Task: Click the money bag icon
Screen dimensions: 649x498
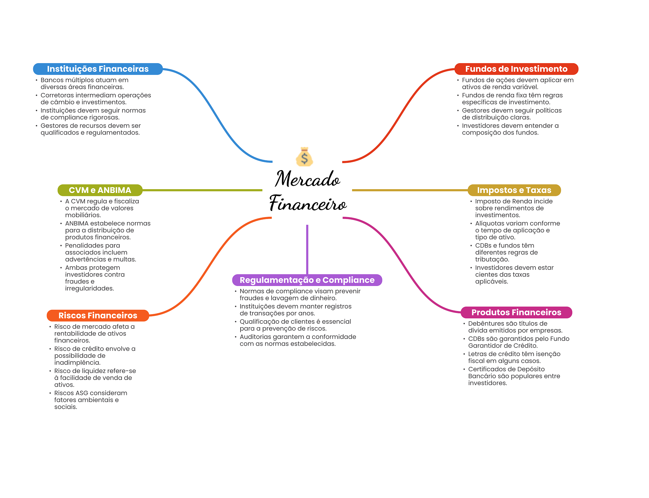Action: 304,157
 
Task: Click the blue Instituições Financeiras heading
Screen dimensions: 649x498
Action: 98,69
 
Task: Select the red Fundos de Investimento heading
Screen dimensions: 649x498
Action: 516,69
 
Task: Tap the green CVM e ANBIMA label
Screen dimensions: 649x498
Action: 100,190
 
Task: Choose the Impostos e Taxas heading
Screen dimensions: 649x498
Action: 514,190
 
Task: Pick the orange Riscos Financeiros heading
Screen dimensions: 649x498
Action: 98,315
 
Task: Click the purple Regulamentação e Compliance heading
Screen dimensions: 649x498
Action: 307,280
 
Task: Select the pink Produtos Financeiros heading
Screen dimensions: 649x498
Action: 516,312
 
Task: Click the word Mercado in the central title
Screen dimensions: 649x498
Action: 307,179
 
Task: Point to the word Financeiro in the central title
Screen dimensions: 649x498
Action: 308,203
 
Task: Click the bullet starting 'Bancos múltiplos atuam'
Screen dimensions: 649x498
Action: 84,83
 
